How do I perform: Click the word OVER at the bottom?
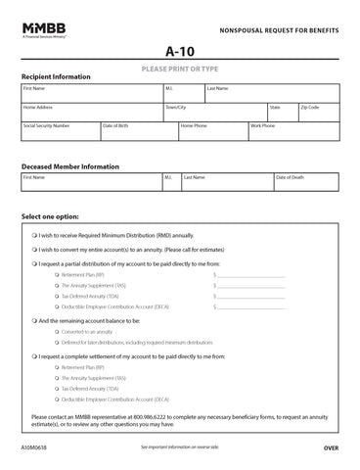click(331, 446)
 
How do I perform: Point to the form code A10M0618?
click(35, 446)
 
